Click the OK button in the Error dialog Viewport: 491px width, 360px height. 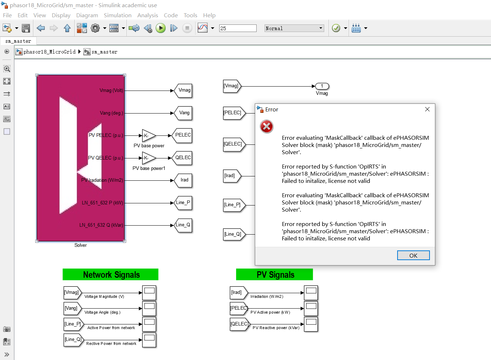(x=413, y=255)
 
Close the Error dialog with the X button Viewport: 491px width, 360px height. (x=427, y=109)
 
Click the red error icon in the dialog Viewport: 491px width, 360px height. (x=266, y=126)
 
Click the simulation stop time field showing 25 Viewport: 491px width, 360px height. (x=238, y=28)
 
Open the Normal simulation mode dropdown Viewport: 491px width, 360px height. (x=294, y=28)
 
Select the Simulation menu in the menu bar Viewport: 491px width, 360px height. (x=118, y=15)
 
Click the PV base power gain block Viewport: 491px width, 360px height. (x=148, y=136)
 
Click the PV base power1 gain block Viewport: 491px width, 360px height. (x=148, y=158)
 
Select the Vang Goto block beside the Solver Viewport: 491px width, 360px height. (x=184, y=113)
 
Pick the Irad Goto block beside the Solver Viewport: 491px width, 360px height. (x=184, y=180)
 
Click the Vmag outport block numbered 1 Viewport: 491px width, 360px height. (x=322, y=86)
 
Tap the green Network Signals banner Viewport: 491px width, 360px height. (x=110, y=274)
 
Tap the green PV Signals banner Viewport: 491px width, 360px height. (x=274, y=274)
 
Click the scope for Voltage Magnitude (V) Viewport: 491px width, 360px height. (x=149, y=293)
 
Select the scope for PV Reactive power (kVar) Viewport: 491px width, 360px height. (x=311, y=324)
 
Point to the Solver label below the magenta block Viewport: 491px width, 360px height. (x=81, y=245)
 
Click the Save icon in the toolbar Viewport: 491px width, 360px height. (x=26, y=28)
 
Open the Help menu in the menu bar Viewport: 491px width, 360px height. (x=209, y=15)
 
